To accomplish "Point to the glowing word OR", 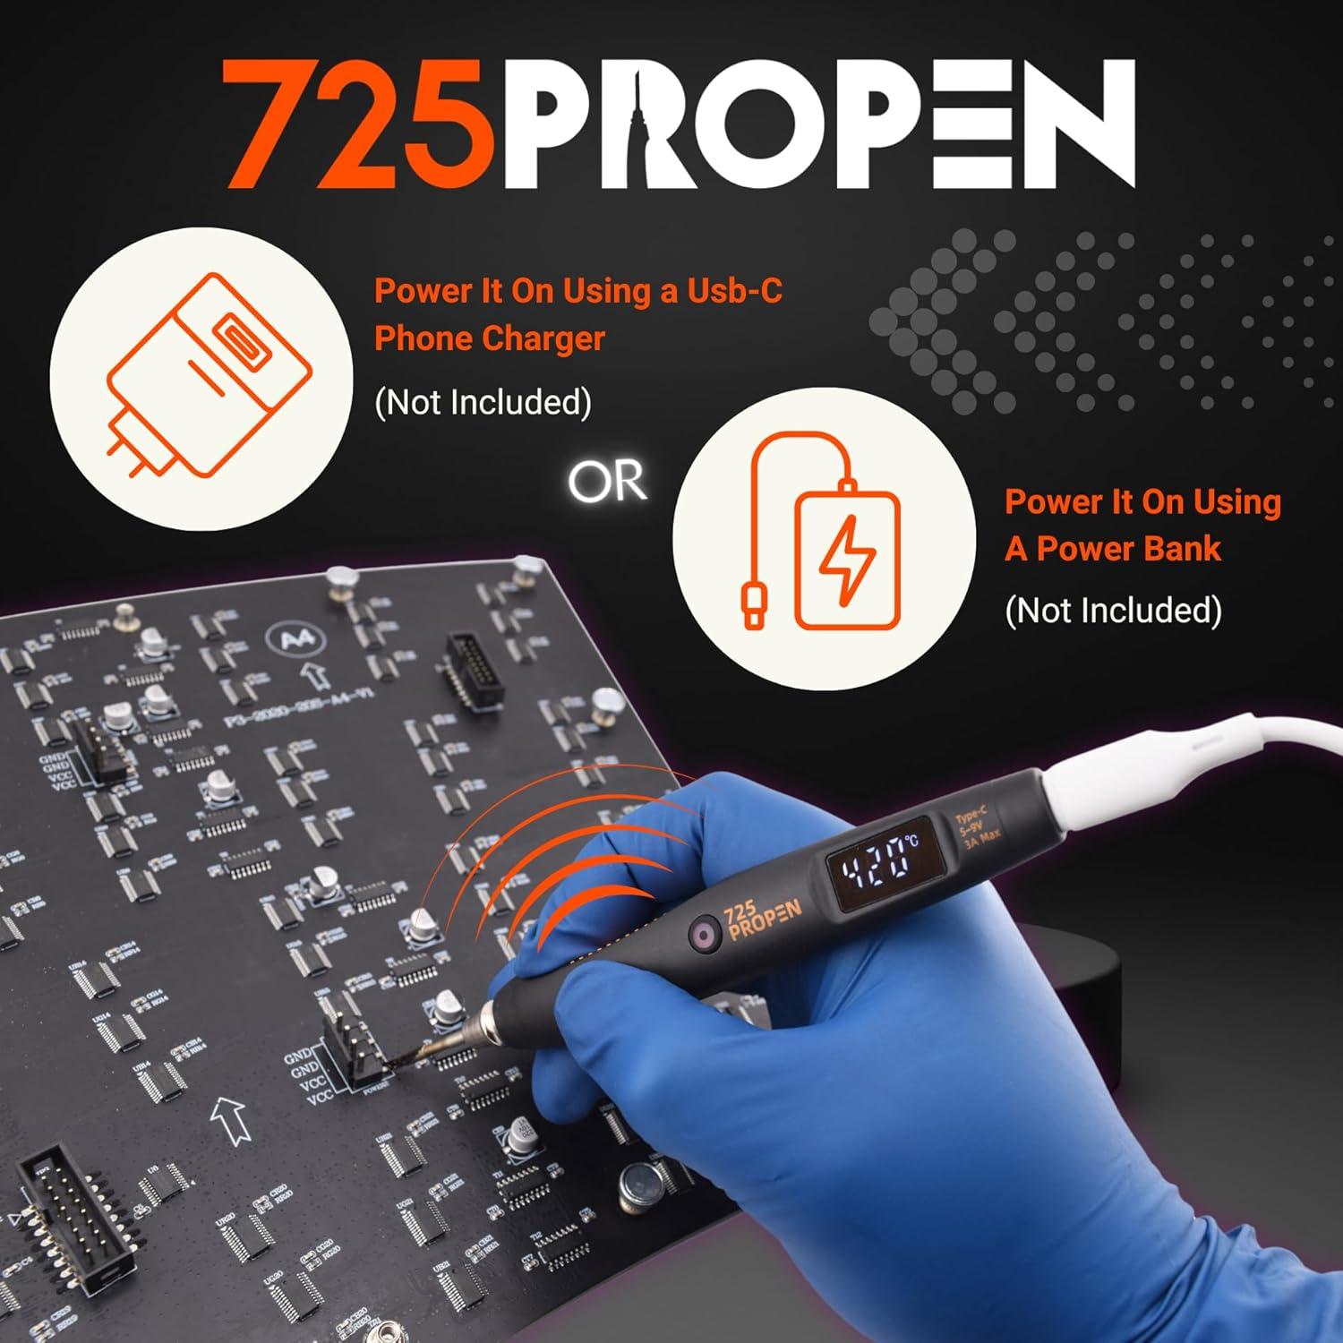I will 607,482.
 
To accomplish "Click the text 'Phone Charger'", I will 489,338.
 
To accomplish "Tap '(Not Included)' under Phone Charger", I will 483,402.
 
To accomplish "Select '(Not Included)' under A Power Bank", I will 1113,610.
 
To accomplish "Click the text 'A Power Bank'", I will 1112,548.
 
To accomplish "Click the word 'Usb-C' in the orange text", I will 734,290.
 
